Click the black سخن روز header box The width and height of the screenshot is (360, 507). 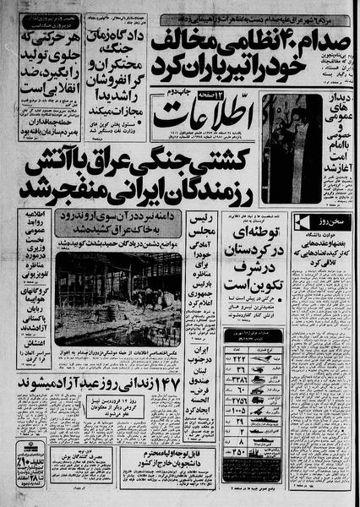pyautogui.click(x=325, y=222)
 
